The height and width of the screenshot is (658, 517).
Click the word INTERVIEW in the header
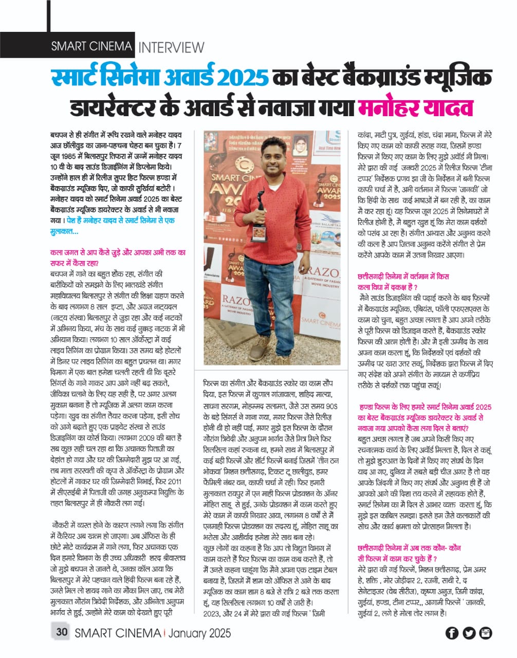coord(172,47)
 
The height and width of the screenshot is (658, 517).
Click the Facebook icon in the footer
coord(452,633)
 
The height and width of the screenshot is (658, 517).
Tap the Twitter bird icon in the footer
coord(469,633)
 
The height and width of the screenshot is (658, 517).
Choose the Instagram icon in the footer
coord(486,633)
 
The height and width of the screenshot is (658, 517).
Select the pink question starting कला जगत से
coord(118,258)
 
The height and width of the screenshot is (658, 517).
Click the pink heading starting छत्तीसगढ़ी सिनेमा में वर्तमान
coord(403,282)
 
